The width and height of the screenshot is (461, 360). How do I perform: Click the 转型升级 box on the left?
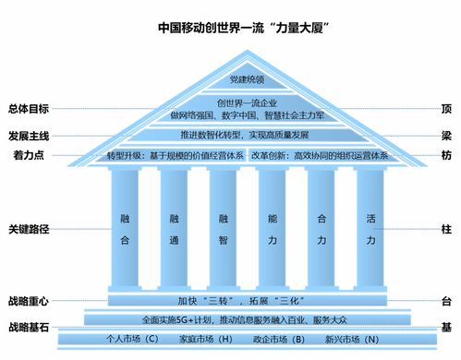(x=175, y=154)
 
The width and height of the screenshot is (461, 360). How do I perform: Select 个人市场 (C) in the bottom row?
(x=108, y=339)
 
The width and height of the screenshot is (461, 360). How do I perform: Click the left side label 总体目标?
(x=28, y=108)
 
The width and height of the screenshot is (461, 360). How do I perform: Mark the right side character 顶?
(x=446, y=108)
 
